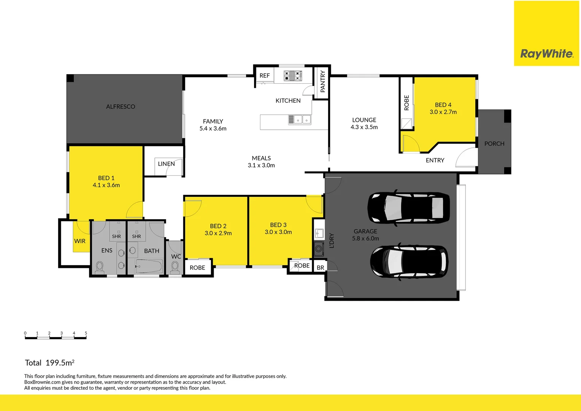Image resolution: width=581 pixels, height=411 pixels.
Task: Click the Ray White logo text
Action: click(546, 54)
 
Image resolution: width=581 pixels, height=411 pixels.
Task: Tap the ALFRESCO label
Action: click(121, 107)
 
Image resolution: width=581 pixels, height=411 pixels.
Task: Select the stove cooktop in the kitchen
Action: click(293, 76)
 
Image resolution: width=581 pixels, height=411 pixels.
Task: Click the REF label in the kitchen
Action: click(265, 76)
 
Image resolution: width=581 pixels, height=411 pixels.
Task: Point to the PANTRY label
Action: click(322, 81)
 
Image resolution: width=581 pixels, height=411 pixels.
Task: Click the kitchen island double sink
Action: click(302, 120)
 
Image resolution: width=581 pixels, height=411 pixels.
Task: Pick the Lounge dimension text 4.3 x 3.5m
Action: click(364, 127)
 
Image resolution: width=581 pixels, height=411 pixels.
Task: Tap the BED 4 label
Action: click(443, 105)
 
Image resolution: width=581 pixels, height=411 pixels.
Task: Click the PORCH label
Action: click(494, 143)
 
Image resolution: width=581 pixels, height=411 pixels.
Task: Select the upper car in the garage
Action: click(408, 207)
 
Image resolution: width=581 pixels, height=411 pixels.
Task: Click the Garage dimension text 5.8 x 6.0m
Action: click(365, 239)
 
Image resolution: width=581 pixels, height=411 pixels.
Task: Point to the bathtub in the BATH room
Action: click(149, 266)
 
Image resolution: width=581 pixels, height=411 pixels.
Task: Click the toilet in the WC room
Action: click(175, 268)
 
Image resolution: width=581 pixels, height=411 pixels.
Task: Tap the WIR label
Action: click(80, 241)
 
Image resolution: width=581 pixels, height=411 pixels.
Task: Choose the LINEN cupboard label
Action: click(166, 164)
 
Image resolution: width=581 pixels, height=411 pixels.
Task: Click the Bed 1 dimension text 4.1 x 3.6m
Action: click(106, 185)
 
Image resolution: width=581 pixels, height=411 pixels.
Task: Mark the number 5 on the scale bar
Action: click(86, 333)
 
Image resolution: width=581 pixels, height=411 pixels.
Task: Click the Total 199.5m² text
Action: click(50, 363)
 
